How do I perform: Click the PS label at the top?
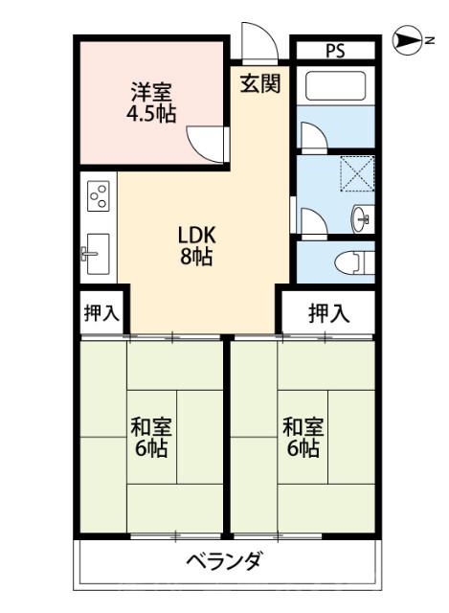(x=334, y=51)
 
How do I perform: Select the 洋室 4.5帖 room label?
(x=152, y=102)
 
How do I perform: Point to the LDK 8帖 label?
(x=198, y=245)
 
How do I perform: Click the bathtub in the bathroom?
(x=335, y=86)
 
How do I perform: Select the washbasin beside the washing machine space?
(x=363, y=217)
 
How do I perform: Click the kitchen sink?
(x=97, y=253)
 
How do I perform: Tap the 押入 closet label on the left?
(x=100, y=312)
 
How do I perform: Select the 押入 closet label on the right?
(x=328, y=312)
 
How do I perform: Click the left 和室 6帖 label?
(x=150, y=437)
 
